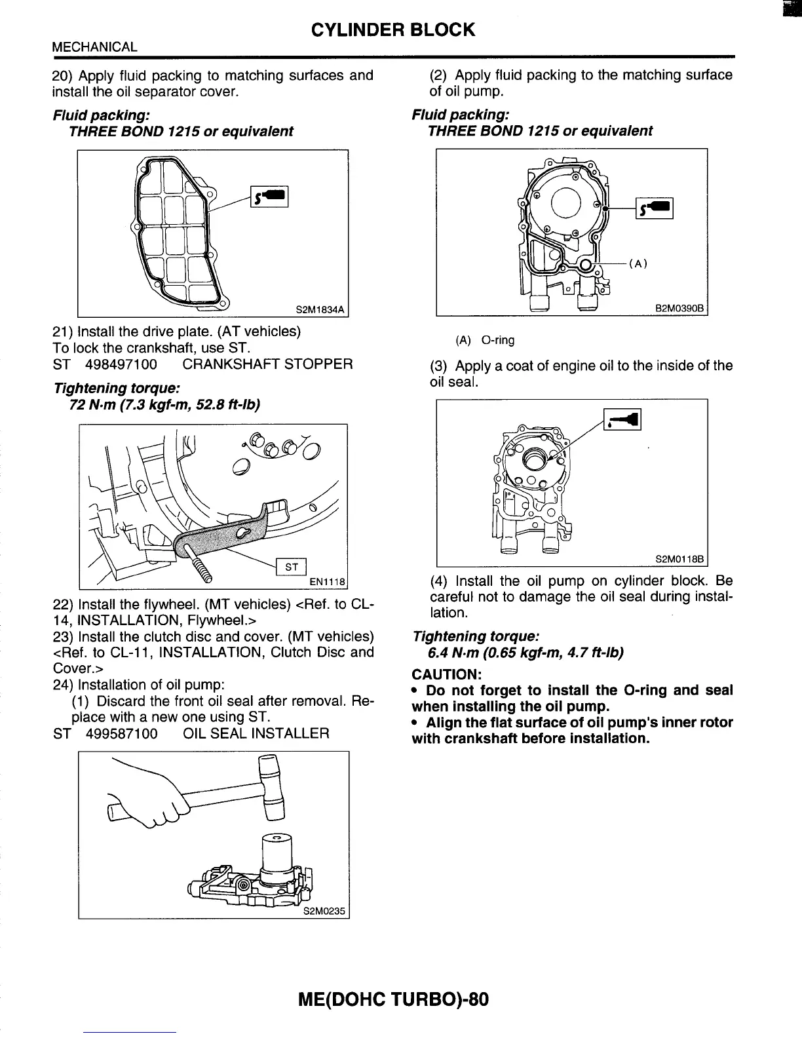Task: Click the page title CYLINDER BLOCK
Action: pos(392,30)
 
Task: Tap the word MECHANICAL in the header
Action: pos(94,47)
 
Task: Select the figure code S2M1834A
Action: pos(320,309)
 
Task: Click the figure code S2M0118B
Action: pos(679,559)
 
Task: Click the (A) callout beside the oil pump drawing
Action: pos(638,264)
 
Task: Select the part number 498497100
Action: pos(121,364)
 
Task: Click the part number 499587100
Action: pos(121,733)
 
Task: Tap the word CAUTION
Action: pos(446,674)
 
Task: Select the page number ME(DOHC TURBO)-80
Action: pos(393,1000)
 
